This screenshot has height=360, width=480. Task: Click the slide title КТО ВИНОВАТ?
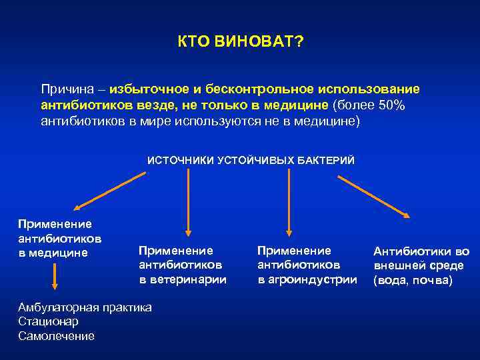pyautogui.click(x=240, y=43)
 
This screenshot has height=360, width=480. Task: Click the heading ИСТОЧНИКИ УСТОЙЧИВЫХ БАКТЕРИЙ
pyautogui.click(x=251, y=160)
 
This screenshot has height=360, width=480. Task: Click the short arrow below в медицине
pyautogui.click(x=55, y=275)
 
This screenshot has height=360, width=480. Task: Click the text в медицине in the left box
pyautogui.click(x=53, y=252)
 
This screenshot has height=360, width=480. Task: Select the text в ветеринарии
pyautogui.click(x=183, y=279)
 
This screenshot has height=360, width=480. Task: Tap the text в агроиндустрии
pyautogui.click(x=307, y=279)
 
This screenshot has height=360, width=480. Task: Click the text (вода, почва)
pyautogui.click(x=413, y=281)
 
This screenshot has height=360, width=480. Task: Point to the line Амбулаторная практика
pyautogui.click(x=85, y=307)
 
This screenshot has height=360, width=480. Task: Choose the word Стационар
pyautogui.click(x=49, y=321)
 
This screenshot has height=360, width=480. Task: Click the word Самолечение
pyautogui.click(x=57, y=336)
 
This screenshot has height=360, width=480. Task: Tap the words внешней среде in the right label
pyautogui.click(x=418, y=266)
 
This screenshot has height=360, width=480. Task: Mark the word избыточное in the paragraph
pyautogui.click(x=147, y=89)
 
